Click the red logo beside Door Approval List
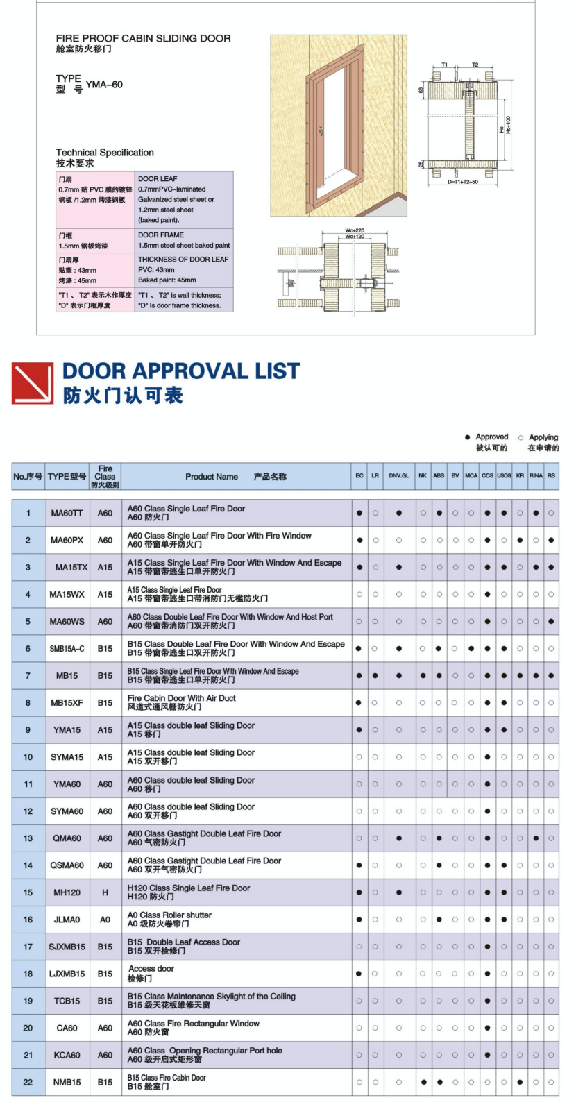coord(33,383)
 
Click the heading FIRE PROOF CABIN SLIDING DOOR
coord(143,38)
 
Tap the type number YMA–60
coord(104,85)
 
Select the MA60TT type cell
coord(67,513)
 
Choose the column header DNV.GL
coord(398,476)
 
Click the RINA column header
coord(536,476)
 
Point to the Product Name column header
coord(212,477)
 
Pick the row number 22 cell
coord(28,1082)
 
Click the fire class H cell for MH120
coord(105,892)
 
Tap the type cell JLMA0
coord(67,920)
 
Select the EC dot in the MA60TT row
coord(359,513)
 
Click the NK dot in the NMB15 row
coord(423,1082)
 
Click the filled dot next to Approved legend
coord(467,437)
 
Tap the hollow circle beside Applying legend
coord(520,437)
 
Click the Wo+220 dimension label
coord(355,230)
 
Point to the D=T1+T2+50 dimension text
coord(462,182)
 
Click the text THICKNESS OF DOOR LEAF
coord(183,260)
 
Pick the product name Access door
coord(151,969)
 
